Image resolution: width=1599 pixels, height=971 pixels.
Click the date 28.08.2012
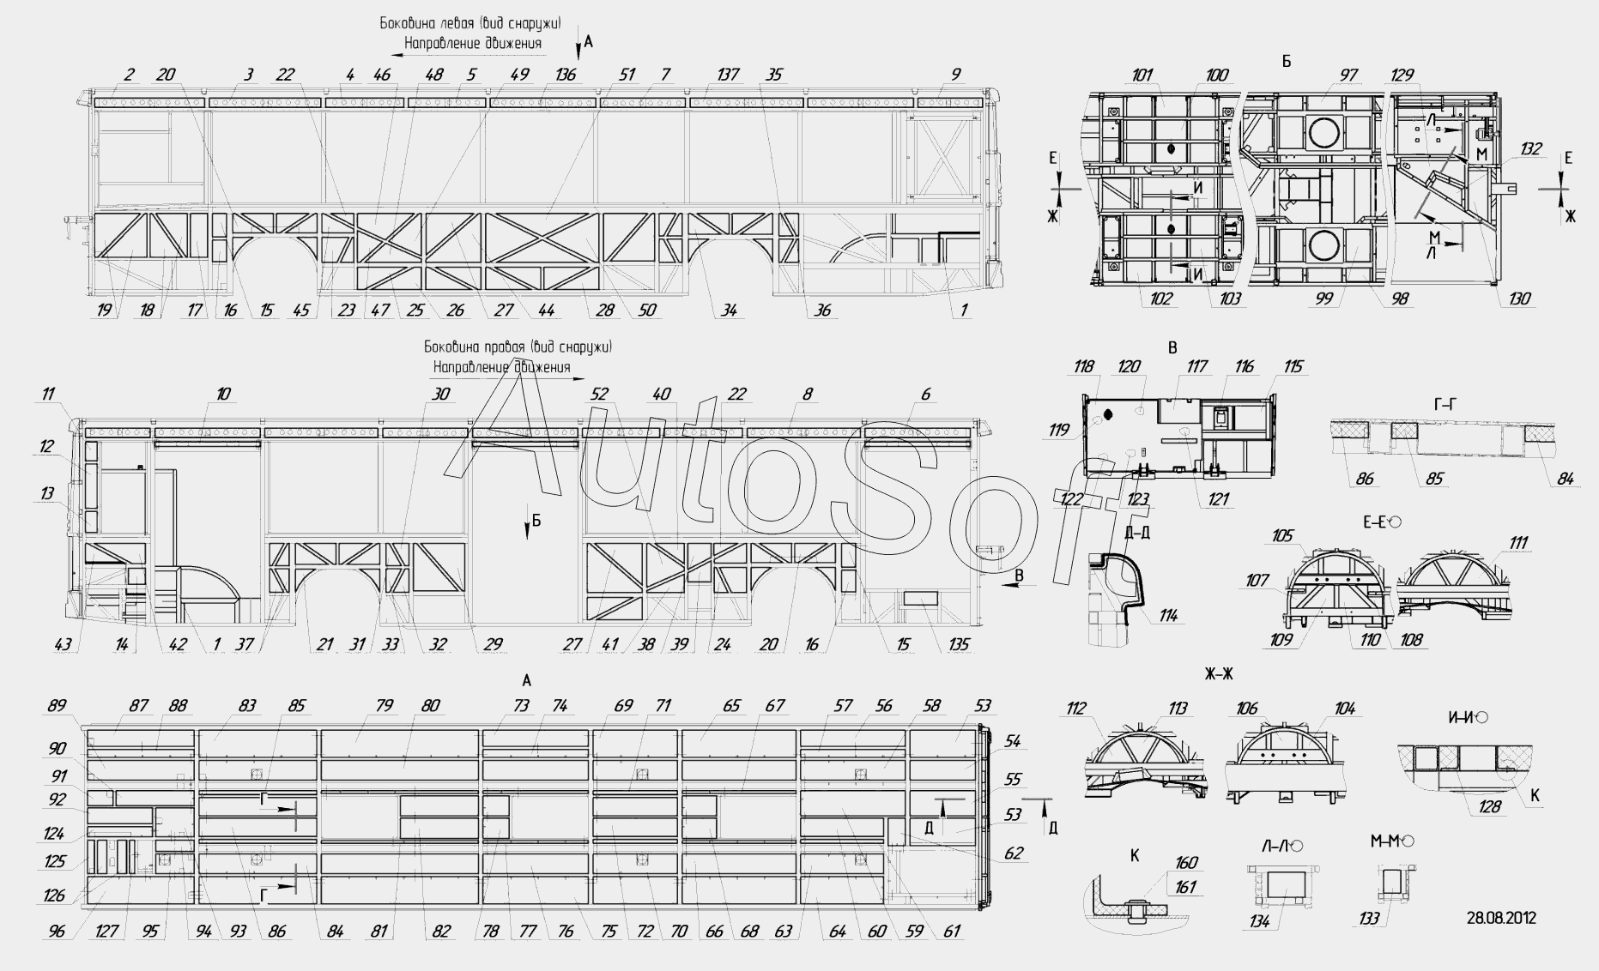click(x=1501, y=918)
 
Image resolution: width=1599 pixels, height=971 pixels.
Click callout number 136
click(x=566, y=75)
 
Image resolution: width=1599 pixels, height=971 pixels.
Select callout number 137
click(x=727, y=75)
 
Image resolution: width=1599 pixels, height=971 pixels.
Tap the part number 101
click(x=1142, y=75)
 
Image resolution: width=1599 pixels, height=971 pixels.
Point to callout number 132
click(x=1530, y=149)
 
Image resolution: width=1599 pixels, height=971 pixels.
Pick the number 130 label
click(x=1519, y=299)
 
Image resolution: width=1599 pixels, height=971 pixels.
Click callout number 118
click(x=1084, y=367)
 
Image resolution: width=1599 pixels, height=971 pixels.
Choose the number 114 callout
click(x=1168, y=615)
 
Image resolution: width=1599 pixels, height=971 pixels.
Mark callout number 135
click(x=959, y=645)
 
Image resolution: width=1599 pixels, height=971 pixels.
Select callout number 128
click(x=1489, y=806)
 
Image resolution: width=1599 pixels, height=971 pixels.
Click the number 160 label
click(x=1185, y=863)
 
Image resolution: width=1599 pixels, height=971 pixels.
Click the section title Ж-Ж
click(x=1219, y=674)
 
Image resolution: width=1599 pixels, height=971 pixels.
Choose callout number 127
click(x=106, y=932)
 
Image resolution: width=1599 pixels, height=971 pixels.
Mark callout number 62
click(x=1014, y=853)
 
